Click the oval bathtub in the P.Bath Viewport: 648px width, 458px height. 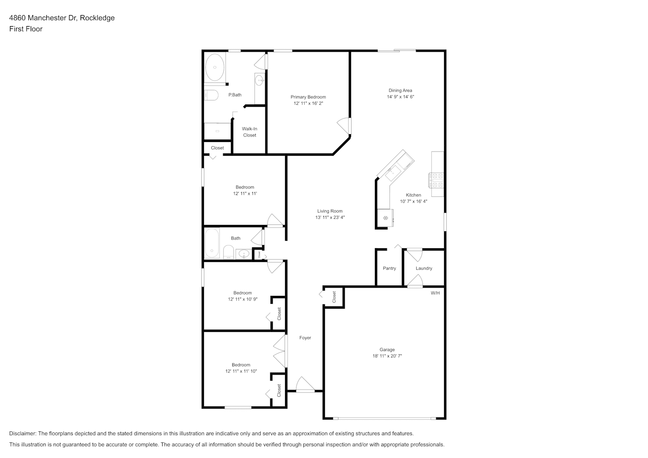pos(214,67)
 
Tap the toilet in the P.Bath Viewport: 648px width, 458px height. pos(211,95)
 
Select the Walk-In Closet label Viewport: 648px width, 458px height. pos(249,132)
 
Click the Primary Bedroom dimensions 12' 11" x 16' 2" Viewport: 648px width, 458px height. pos(308,103)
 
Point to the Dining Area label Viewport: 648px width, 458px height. pos(401,91)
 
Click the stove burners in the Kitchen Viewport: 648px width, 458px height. pos(436,180)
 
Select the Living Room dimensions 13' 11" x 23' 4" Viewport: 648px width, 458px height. pos(330,218)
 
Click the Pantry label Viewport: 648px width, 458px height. pos(390,268)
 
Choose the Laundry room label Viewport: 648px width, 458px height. pos(424,268)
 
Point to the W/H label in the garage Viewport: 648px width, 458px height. pos(435,293)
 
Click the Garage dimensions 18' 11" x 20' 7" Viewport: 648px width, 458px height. pos(387,356)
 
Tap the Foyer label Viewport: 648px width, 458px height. pos(305,338)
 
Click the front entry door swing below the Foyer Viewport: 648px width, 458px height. pos(305,385)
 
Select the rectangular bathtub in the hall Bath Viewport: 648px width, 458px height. pos(212,243)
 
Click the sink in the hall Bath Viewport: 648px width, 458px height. pos(244,254)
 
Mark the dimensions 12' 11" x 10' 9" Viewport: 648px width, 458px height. pos(243,299)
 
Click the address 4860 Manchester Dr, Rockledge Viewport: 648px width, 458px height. pos(62,18)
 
